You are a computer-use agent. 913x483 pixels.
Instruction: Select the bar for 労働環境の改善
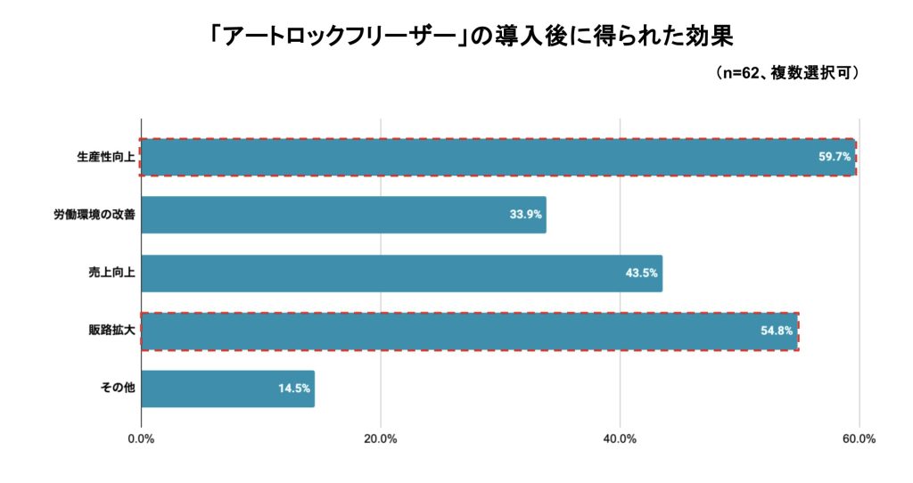343,215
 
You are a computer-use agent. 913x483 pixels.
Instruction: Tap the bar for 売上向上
401,274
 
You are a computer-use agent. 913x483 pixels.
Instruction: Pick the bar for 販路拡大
446,332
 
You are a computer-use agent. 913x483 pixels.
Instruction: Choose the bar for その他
227,389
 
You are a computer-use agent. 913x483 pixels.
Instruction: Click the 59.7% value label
835,157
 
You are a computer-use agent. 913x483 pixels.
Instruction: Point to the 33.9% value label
524,215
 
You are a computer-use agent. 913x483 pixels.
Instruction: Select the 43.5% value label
641,274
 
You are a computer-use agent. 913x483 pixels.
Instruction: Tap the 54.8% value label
777,332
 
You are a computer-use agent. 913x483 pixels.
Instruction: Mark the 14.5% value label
293,389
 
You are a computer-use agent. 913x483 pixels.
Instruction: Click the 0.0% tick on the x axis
141,438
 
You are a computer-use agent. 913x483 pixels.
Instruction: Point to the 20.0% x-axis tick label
381,438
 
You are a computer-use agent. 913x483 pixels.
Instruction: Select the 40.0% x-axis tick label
620,438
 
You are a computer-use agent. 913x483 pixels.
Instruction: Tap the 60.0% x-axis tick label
859,438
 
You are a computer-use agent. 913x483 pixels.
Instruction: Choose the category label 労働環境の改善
94,215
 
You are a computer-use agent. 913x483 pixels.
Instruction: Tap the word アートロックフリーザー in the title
341,37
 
